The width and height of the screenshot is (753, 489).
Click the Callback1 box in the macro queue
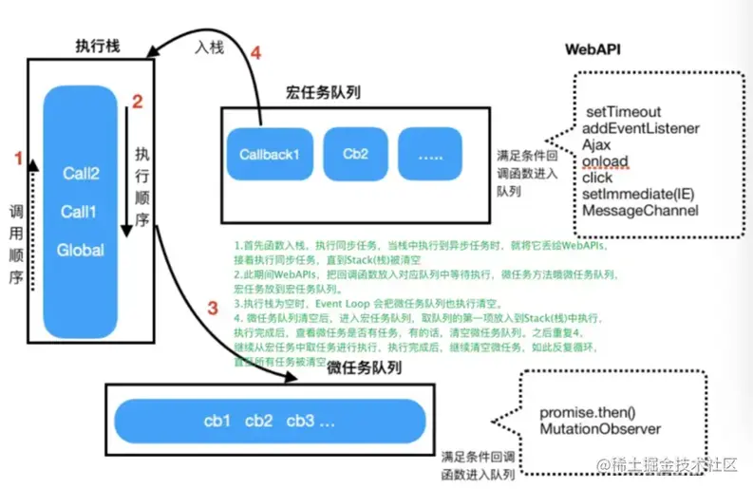[x=269, y=153]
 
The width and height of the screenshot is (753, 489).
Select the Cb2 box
[x=355, y=153]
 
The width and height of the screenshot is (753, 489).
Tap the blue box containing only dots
[x=429, y=153]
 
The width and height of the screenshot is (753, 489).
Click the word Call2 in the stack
[x=82, y=174]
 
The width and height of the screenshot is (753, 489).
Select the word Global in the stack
[x=82, y=250]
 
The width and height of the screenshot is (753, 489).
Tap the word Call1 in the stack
[x=82, y=211]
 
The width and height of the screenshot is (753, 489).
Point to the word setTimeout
[x=623, y=112]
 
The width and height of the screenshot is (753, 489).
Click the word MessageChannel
[x=641, y=210]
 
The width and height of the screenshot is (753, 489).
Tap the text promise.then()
[x=590, y=413]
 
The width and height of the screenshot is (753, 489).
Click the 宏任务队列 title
[x=323, y=92]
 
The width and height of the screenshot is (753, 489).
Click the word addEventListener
[x=642, y=128]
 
